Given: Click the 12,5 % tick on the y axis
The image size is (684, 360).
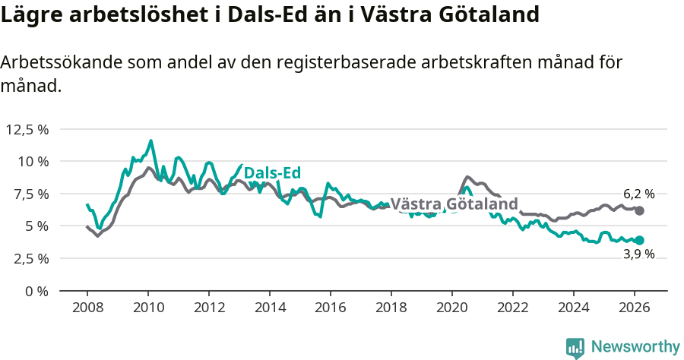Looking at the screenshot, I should click(27, 129).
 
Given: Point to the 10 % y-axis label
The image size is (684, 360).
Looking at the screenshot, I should click(33, 161).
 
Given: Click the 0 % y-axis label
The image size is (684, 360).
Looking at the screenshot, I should click(37, 291).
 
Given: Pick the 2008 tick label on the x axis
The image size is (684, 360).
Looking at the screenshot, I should click(87, 308).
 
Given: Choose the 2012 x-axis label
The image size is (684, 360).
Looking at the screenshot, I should click(209, 308).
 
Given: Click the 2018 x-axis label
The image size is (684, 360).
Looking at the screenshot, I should click(391, 308).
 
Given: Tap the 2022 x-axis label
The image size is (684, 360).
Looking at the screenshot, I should click(513, 308).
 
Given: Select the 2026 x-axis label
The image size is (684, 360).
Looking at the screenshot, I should click(635, 308).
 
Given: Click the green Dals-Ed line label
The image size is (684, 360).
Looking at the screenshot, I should click(273, 173).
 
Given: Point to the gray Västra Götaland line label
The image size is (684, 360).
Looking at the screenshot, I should click(454, 204).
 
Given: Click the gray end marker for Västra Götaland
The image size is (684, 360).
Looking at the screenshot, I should click(639, 210).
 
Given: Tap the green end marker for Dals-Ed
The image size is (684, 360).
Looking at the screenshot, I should click(639, 240).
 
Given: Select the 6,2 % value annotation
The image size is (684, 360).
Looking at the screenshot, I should click(638, 194).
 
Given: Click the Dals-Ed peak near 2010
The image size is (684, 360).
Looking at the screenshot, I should click(150, 141).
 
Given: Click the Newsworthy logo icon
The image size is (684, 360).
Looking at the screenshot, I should click(575, 347).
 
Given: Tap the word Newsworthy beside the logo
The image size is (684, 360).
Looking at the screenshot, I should click(635, 347).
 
